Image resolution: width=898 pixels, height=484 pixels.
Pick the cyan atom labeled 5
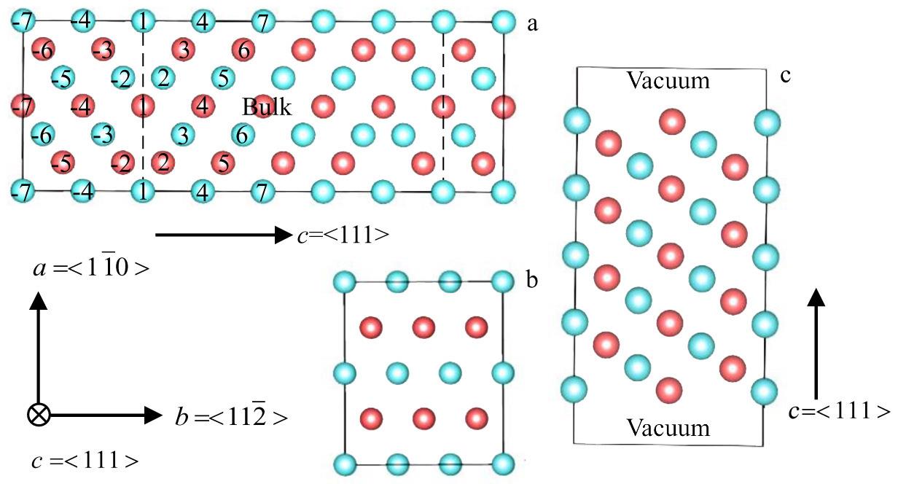tap(223, 77)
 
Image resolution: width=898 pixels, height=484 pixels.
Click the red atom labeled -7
tap(23, 107)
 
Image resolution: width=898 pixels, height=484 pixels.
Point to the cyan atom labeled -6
tap(42, 134)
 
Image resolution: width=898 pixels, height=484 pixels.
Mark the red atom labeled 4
tap(203, 107)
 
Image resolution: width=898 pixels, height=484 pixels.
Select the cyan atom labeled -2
tap(122, 77)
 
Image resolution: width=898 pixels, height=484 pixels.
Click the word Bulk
tap(267, 109)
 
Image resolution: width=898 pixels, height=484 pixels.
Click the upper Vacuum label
tap(668, 80)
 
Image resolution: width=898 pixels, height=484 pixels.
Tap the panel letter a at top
tap(532, 24)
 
